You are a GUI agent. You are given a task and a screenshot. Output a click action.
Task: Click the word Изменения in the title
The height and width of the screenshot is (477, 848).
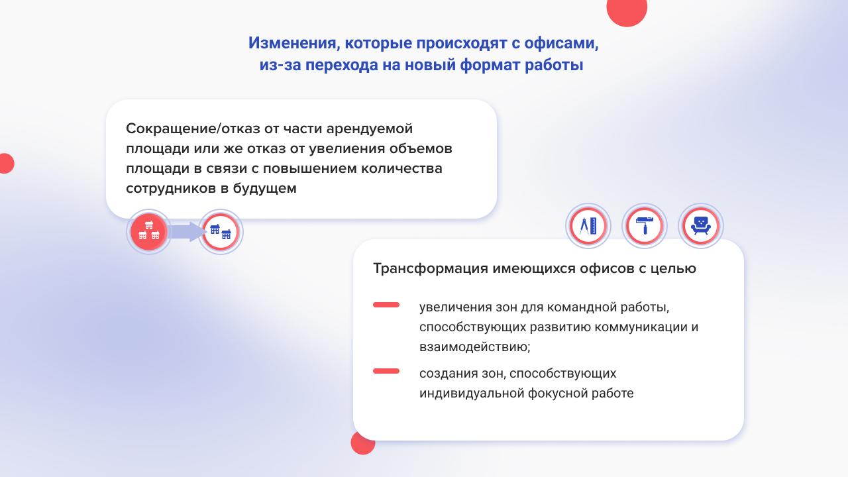[292, 43]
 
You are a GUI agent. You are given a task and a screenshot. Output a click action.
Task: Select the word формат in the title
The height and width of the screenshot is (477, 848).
[489, 65]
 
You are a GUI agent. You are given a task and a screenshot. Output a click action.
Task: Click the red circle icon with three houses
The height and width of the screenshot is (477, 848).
[149, 231]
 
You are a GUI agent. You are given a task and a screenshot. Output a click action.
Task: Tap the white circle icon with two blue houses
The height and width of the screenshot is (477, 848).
[221, 232]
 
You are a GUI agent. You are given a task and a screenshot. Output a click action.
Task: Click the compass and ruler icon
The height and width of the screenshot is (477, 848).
[588, 226]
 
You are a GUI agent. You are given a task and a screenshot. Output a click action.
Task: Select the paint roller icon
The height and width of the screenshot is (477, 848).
[645, 226]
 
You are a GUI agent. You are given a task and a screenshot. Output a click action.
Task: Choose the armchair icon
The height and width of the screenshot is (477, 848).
[701, 226]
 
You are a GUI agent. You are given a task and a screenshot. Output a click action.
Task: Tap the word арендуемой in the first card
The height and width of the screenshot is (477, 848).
[369, 129]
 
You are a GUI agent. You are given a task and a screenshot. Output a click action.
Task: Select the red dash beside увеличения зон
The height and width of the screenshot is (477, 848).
[386, 305]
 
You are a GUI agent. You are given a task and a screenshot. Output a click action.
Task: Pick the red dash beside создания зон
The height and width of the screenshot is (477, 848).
[386, 371]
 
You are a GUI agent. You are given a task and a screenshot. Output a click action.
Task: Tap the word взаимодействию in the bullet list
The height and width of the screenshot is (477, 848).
[475, 346]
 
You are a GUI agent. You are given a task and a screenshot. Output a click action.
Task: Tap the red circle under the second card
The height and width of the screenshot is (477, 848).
[362, 444]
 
